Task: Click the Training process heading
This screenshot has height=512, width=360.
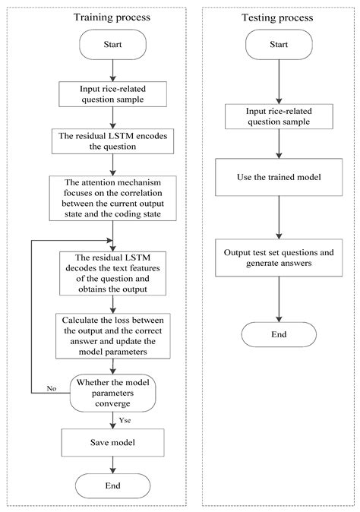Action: coord(112,16)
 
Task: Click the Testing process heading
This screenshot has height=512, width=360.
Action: coord(278,16)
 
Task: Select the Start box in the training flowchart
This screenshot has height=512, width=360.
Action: coord(112,46)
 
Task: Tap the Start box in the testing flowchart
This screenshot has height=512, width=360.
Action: coord(278,46)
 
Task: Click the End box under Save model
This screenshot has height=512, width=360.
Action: coord(112,484)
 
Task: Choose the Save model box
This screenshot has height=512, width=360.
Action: coord(112,441)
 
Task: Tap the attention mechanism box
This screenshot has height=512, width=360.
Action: coord(112,198)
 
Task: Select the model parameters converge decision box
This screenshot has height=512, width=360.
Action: coord(112,392)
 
